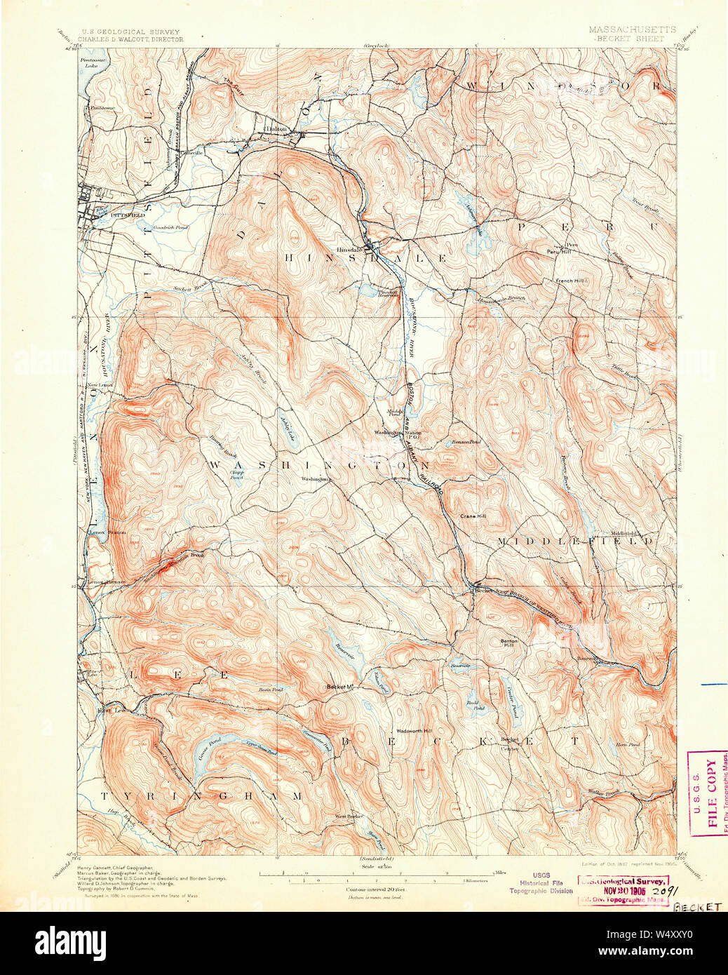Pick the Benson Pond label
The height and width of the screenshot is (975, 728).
click(467, 442)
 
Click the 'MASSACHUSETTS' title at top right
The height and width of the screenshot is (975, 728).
click(632, 29)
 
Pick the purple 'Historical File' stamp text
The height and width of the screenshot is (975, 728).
click(540, 882)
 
